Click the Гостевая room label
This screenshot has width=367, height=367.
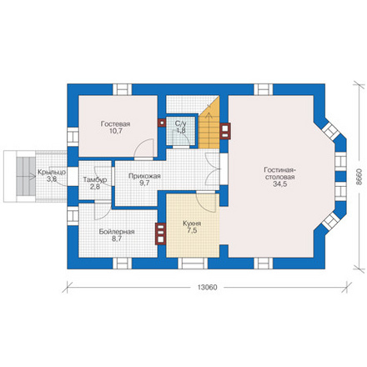coord(115,123)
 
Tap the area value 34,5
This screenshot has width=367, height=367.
coord(279,184)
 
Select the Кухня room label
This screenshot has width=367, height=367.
coord(192,224)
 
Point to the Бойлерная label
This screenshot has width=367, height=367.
coord(117,232)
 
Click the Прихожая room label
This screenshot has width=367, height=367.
coord(144,176)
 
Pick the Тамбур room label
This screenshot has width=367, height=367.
coord(95,180)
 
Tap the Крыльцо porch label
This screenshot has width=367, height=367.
coord(52,173)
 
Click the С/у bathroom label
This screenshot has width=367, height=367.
coord(181,123)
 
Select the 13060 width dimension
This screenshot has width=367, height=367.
coord(207,288)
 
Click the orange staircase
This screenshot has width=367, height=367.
coord(209,127)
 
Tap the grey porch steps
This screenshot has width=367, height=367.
coord(26,177)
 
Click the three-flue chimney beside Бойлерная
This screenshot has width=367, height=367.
coord(161,234)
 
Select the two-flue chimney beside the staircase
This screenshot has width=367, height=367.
coord(225,131)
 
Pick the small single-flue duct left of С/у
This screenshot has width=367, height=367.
coord(162,123)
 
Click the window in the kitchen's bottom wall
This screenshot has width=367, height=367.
coord(193,264)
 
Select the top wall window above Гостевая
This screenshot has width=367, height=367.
coord(122,89)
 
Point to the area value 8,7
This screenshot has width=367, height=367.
coord(117,239)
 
